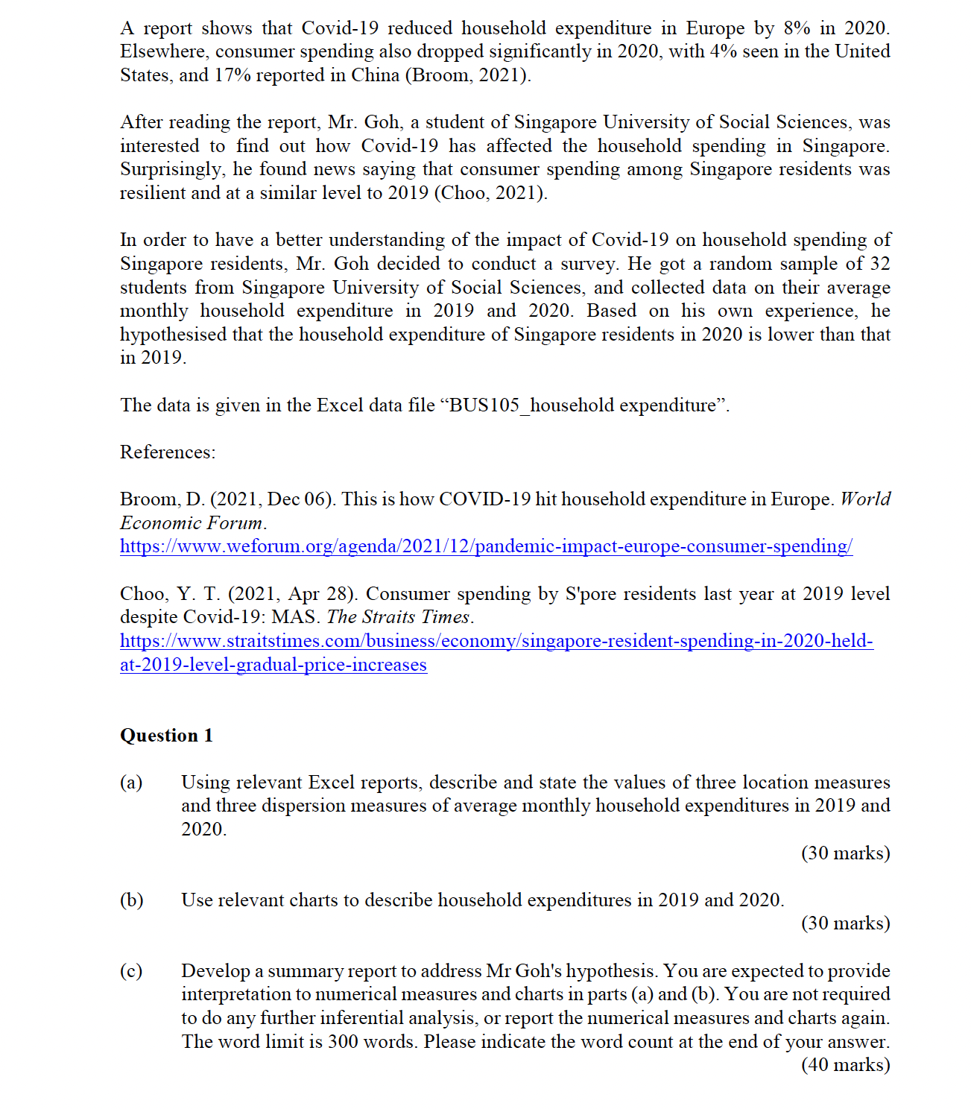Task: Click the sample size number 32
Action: [879, 264]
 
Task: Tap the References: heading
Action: [168, 452]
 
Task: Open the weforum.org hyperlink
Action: [486, 546]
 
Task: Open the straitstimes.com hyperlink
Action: [496, 641]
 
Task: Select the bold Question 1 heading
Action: [166, 736]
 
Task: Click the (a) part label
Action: [131, 783]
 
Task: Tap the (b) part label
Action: [131, 900]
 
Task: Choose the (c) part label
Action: [131, 971]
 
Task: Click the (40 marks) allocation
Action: [845, 1065]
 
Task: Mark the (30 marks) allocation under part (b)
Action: [845, 923]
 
